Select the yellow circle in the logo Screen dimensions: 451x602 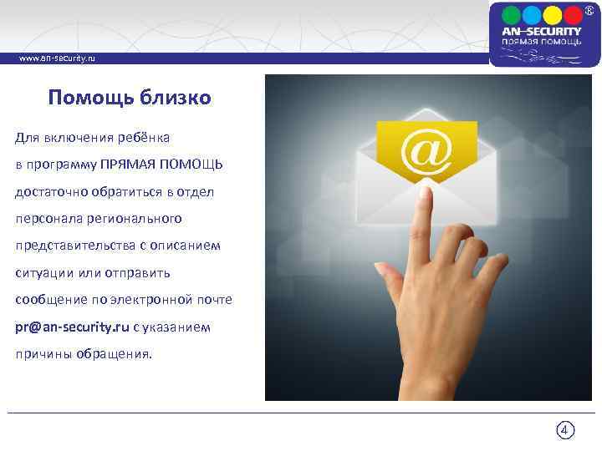(553, 15)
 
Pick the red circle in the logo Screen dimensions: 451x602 (574, 15)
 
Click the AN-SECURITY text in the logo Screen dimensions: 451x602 (542, 32)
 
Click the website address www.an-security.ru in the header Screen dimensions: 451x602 (56, 59)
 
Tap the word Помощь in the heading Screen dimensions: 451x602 (84, 99)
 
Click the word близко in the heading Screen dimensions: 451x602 (171, 99)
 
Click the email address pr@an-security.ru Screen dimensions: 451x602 (72, 327)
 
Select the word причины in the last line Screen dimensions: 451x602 (40, 354)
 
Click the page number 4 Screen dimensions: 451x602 (565, 431)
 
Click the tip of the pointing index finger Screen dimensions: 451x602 (426, 194)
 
